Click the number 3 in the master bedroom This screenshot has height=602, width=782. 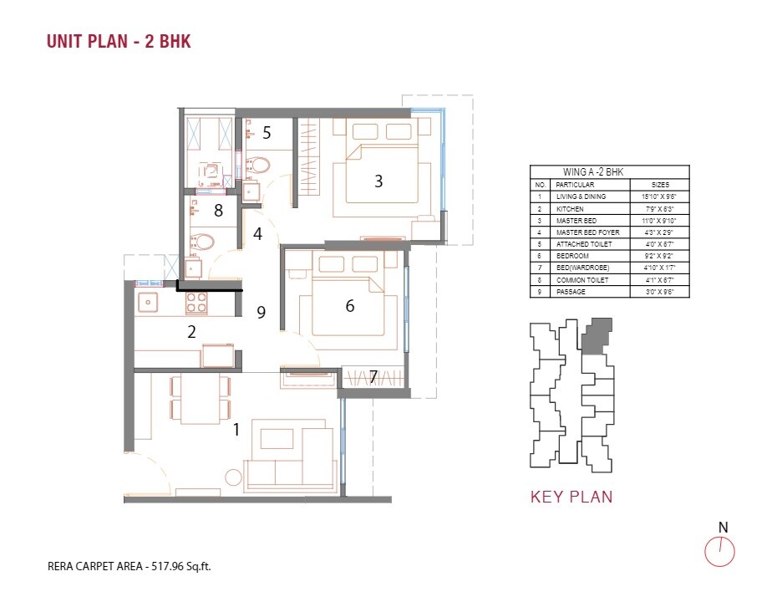pyautogui.click(x=378, y=181)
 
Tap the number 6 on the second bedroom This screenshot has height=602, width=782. pyautogui.click(x=350, y=306)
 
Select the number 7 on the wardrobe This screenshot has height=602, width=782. pyautogui.click(x=373, y=378)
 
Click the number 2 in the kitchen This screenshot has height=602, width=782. pyautogui.click(x=191, y=332)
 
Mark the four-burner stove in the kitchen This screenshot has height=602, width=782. pyautogui.click(x=195, y=302)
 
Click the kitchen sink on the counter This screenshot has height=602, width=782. pyautogui.click(x=150, y=302)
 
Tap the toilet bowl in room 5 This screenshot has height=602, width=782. pyautogui.click(x=258, y=165)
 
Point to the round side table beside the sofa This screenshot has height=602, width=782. pyautogui.click(x=233, y=478)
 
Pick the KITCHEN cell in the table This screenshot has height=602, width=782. pyautogui.click(x=571, y=208)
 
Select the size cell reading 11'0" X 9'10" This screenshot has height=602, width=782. pyautogui.click(x=659, y=220)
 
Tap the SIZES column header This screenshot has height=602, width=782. pyautogui.click(x=659, y=184)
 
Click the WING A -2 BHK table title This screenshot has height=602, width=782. pyautogui.click(x=609, y=171)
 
